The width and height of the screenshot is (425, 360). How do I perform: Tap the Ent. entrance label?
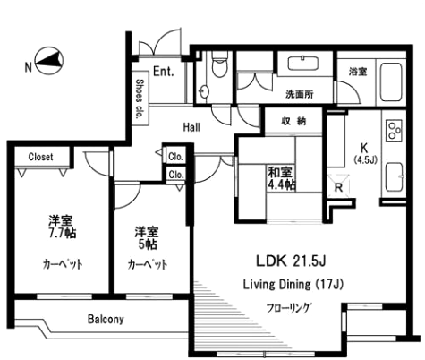pyautogui.click(x=163, y=72)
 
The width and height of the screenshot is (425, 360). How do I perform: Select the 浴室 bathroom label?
pyautogui.click(x=356, y=71)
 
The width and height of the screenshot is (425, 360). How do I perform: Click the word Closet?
pyautogui.click(x=40, y=157)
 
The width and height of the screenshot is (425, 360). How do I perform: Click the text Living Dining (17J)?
pyautogui.click(x=293, y=285)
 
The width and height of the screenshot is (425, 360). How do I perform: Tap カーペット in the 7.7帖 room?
pyautogui.click(x=62, y=263)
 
